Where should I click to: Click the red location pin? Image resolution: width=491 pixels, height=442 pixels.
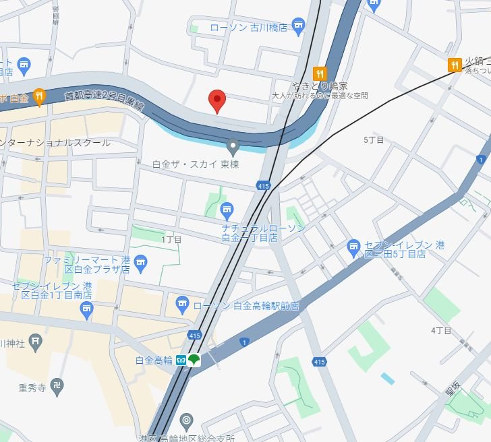click(x=216, y=100)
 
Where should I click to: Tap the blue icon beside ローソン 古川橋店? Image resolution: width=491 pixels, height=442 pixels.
click(x=298, y=28)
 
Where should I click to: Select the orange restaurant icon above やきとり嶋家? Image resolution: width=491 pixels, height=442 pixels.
click(x=320, y=73)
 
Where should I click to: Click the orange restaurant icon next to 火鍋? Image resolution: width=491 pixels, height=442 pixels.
click(x=455, y=65)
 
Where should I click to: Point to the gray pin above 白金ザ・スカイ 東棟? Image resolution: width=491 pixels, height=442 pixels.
click(x=233, y=145)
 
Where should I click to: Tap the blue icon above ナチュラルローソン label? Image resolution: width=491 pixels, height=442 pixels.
click(x=227, y=210)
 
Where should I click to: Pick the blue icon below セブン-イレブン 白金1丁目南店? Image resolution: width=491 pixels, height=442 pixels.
click(x=86, y=310)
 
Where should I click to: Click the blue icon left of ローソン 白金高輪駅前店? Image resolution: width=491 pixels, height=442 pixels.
click(x=182, y=305)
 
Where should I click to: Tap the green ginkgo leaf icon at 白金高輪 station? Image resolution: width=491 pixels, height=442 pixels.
click(x=194, y=360)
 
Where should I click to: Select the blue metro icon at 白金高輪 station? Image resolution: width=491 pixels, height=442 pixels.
click(x=181, y=360)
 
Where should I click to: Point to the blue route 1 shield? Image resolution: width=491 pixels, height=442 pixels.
click(x=243, y=342)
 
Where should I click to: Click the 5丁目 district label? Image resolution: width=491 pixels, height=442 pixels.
click(x=373, y=140)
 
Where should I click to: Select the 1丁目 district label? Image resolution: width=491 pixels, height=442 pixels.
click(x=171, y=239)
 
